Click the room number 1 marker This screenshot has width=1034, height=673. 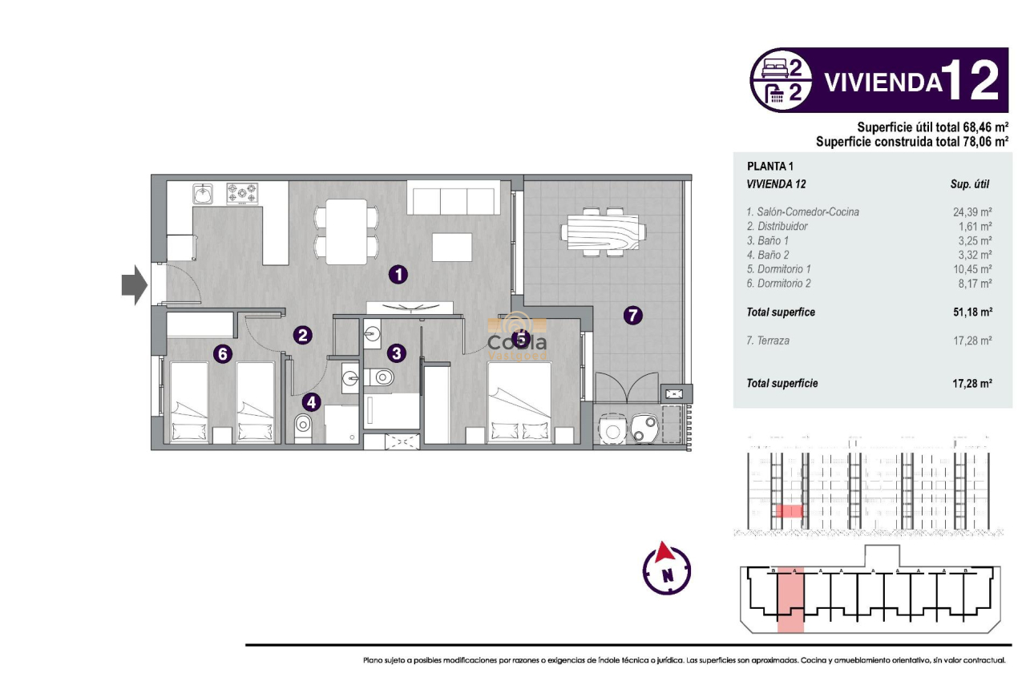[398, 275]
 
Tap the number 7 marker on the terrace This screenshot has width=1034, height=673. [632, 316]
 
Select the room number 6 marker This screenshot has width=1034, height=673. [223, 353]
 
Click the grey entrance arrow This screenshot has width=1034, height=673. [133, 284]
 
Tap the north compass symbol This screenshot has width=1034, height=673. [666, 569]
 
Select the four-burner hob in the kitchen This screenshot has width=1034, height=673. [242, 193]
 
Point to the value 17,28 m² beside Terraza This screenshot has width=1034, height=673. [973, 341]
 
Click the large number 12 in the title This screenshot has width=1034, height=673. [971, 81]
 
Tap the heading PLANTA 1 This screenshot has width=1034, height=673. [769, 167]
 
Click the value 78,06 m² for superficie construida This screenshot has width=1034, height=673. [977, 142]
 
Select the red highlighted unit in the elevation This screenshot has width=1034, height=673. [790, 511]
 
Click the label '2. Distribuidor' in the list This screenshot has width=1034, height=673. [777, 227]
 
